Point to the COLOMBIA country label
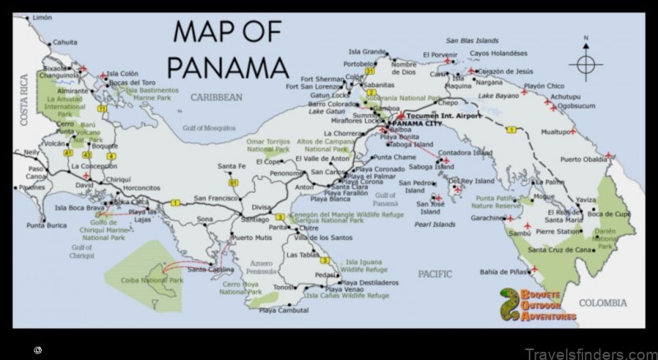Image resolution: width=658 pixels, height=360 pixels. [x=602, y=303]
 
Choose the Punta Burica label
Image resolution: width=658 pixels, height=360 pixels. [x=46, y=224]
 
